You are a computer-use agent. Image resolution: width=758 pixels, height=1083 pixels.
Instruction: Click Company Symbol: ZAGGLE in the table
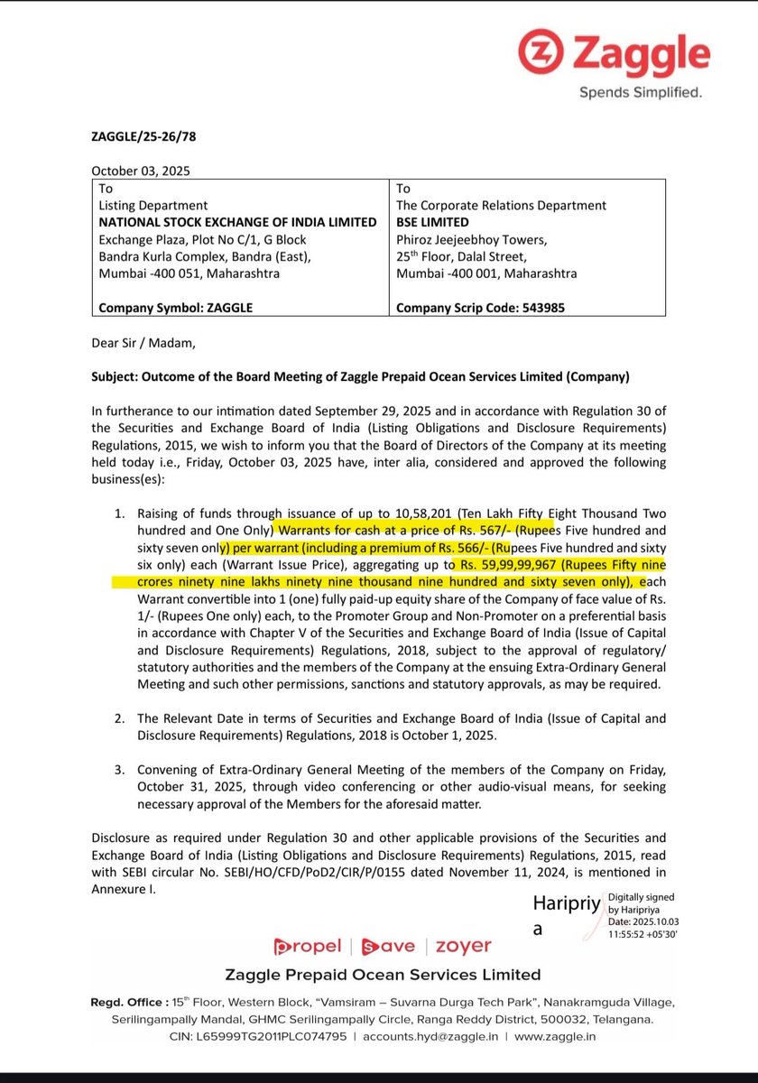click(176, 307)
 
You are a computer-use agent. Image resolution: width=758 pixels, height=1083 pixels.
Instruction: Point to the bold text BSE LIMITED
click(433, 222)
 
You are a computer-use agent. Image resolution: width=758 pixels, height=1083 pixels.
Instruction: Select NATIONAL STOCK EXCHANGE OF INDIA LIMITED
click(237, 222)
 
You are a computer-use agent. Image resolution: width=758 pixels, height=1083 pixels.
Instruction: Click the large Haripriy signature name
click(566, 904)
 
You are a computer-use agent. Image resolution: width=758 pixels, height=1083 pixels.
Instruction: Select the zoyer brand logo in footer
click(464, 946)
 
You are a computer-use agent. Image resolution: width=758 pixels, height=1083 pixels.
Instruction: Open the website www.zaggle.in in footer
click(555, 1037)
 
